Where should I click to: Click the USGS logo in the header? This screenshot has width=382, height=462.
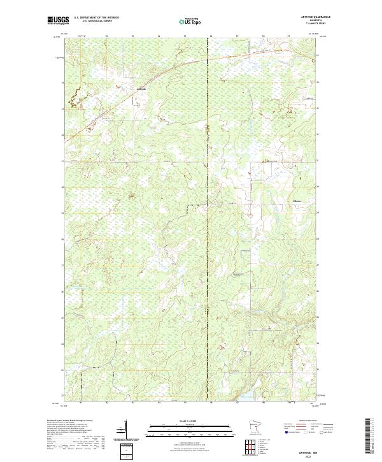pyautogui.click(x=59, y=20)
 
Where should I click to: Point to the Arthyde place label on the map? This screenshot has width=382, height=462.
pyautogui.click(x=141, y=89)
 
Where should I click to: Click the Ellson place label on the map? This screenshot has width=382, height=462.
pyautogui.click(x=297, y=203)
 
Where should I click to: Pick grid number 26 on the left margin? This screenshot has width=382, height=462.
pyautogui.click(x=62, y=292)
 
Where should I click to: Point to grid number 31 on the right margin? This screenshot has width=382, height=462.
pyautogui.click(x=319, y=161)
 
